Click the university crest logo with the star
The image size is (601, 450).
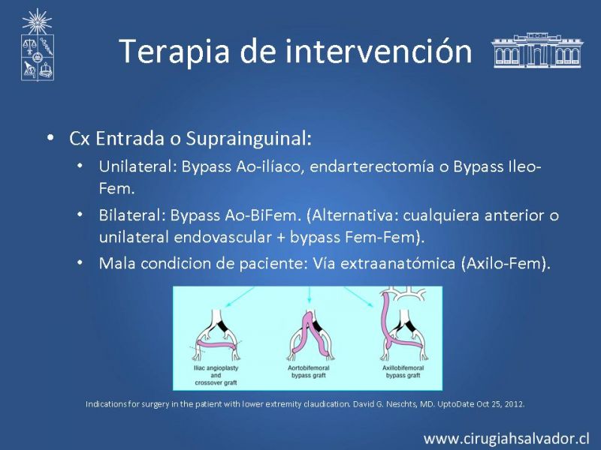pos(37,45)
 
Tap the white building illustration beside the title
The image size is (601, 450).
pos(536,50)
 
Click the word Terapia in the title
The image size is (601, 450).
pos(174,51)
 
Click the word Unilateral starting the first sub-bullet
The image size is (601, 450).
pos(137,166)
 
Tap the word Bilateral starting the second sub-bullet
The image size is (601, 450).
pos(132,215)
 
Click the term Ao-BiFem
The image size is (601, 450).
pos(261,215)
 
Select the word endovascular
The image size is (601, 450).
pos(222,237)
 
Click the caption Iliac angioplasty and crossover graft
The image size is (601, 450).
pos(216,375)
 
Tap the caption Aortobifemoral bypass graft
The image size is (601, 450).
pos(309,371)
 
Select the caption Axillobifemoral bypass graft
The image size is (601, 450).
pos(403,371)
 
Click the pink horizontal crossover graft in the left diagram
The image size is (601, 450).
pos(216,344)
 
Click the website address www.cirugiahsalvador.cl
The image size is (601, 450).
pos(506,439)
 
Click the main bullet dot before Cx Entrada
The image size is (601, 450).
pos(50,137)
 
